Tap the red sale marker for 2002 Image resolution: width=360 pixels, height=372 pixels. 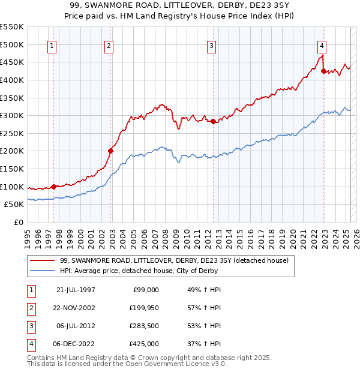tap(110, 151)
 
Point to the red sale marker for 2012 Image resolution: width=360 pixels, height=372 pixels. tap(213, 121)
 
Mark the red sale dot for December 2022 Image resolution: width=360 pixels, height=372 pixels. tap(323, 71)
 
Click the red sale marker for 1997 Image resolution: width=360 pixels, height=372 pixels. tap(53, 187)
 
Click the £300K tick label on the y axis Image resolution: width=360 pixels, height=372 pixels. tap(11, 115)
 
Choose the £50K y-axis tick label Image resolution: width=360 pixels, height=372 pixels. tap(14, 204)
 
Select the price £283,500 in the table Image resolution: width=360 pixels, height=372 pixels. tap(145, 327)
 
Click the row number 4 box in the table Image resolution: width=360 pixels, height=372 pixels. tap(29, 344)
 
